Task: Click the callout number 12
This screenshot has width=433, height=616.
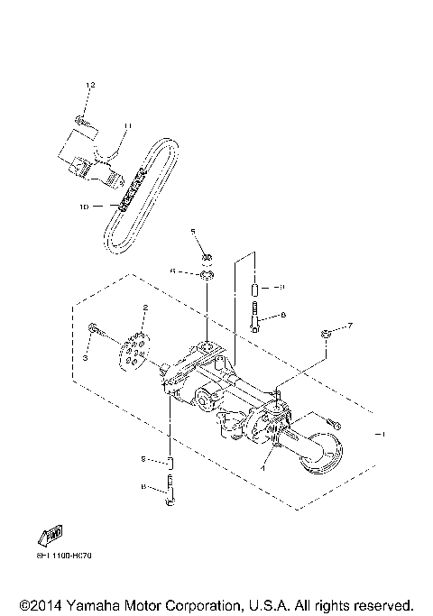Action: pos(89,84)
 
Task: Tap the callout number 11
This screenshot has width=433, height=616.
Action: pos(127,125)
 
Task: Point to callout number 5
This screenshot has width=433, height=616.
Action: pos(193,232)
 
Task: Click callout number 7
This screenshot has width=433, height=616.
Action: pos(351,325)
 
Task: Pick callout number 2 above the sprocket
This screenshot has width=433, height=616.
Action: pos(144,308)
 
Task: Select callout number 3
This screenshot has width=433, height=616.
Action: pos(86,358)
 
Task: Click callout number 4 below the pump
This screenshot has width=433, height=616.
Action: pos(263,469)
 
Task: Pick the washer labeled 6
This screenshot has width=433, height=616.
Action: pos(206,274)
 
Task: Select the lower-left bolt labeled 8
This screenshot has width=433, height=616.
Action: pos(170,494)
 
